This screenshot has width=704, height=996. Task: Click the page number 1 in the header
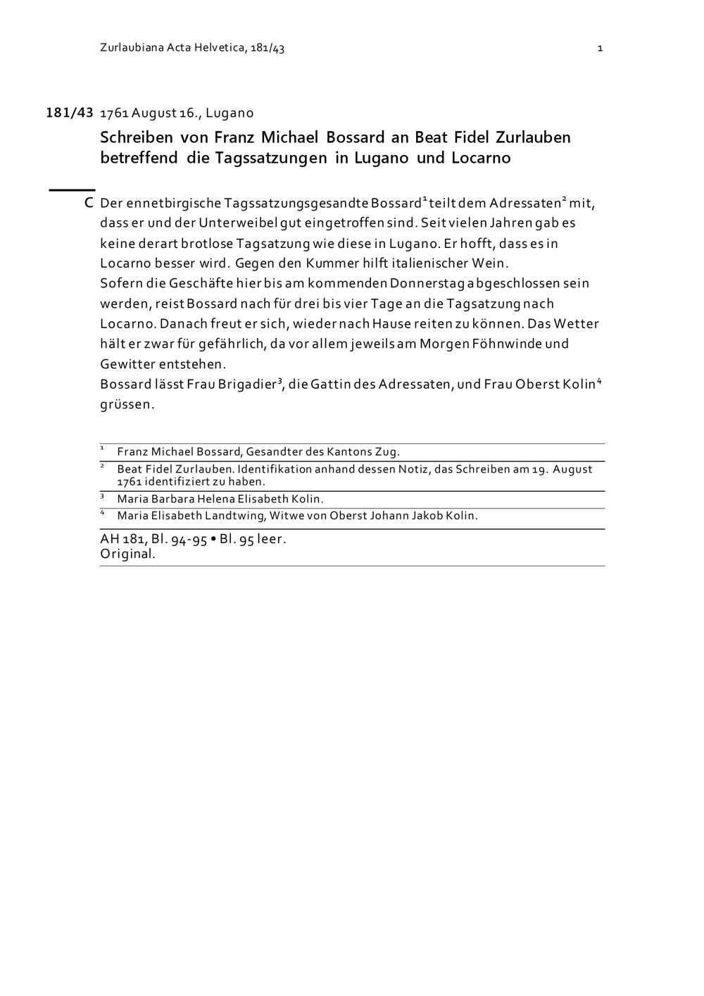click(x=600, y=49)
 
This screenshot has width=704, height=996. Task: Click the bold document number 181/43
click(x=70, y=113)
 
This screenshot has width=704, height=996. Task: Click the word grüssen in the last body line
click(x=125, y=405)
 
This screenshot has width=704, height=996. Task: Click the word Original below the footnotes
click(x=126, y=554)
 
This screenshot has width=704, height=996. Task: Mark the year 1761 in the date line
click(x=114, y=113)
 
